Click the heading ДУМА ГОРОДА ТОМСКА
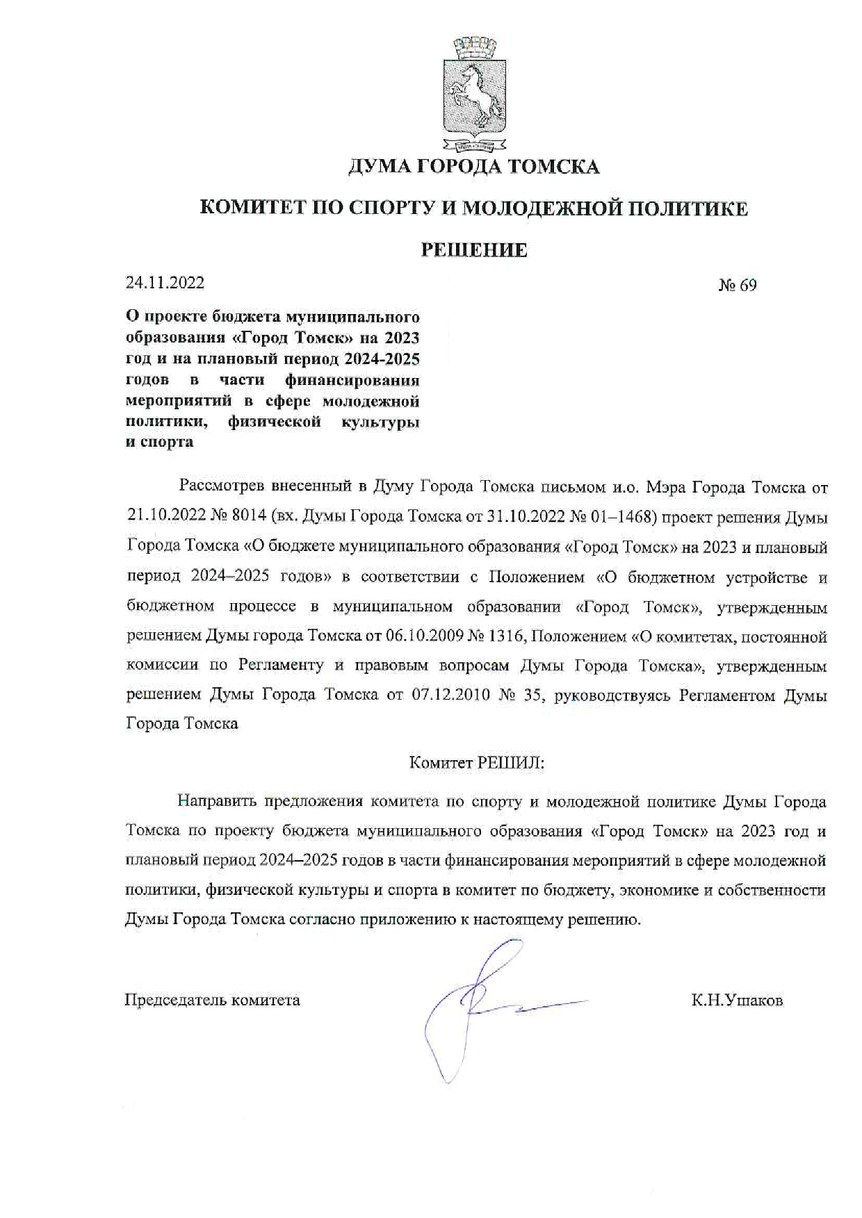(473, 167)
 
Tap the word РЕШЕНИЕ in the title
(475, 250)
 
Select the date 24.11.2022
(165, 282)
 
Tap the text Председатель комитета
(212, 1001)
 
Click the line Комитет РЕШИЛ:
(476, 762)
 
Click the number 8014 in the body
(244, 517)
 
